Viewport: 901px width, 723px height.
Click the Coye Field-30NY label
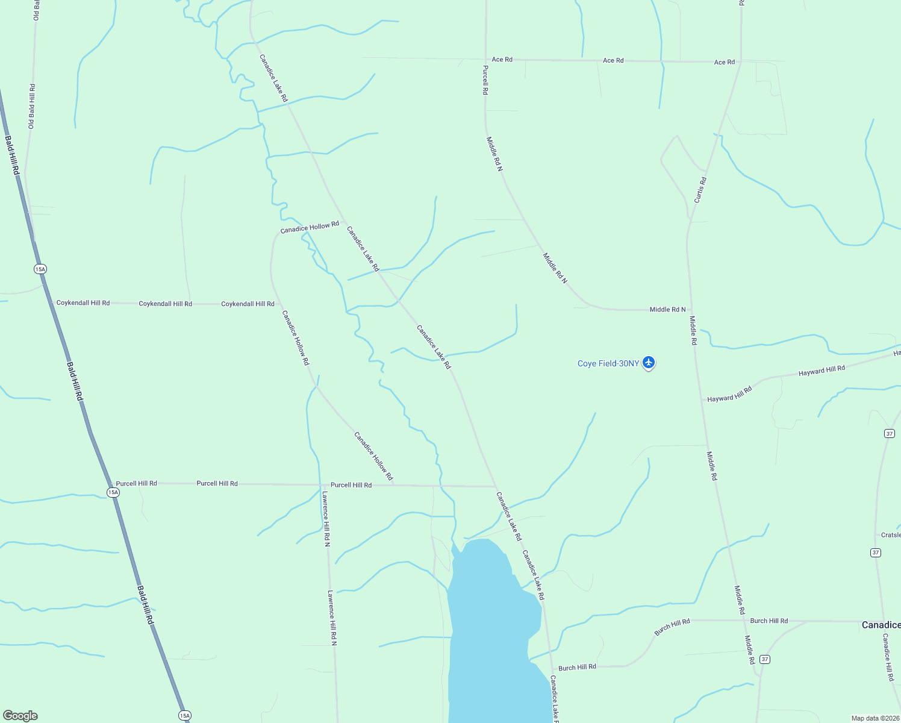(x=608, y=363)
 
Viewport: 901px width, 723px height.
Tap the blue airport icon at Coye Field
(x=649, y=363)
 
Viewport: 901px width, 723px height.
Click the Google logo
(x=20, y=716)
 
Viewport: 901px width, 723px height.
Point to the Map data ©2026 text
(x=874, y=718)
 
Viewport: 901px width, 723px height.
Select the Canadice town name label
(x=881, y=625)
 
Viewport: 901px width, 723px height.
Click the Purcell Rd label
(x=485, y=80)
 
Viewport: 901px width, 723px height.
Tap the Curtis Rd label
(x=700, y=190)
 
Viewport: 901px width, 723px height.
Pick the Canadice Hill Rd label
(x=888, y=657)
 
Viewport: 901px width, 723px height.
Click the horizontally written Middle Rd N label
(x=667, y=310)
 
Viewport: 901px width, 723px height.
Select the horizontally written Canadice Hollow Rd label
(x=310, y=228)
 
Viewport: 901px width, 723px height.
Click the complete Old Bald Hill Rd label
(x=31, y=106)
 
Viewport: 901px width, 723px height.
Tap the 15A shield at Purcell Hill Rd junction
(x=113, y=492)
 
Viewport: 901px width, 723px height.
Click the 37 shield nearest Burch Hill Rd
(x=764, y=659)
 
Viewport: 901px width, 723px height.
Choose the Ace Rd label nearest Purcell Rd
(x=502, y=60)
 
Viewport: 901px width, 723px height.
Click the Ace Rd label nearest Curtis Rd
(x=725, y=62)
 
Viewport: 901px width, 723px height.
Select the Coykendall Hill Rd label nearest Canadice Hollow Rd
(x=248, y=304)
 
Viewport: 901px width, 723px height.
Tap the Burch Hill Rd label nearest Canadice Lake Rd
(x=577, y=667)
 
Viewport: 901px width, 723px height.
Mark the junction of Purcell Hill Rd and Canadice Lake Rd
(x=496, y=486)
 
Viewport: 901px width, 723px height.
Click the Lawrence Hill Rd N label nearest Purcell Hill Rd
(x=326, y=519)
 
